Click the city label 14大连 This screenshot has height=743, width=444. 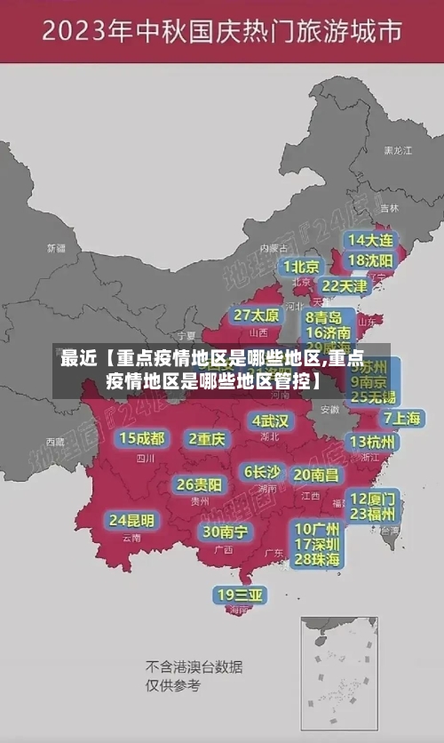point(370,241)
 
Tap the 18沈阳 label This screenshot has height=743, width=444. point(370,260)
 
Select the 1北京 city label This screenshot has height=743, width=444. point(302,267)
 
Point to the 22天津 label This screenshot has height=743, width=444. point(344,286)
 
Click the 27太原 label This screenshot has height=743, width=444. point(257,315)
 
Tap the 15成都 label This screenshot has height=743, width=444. point(142,438)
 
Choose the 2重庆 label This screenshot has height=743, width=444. point(208,438)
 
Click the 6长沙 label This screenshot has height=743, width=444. point(262,472)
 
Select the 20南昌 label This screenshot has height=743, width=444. point(316,475)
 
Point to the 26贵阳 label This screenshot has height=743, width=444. point(199,484)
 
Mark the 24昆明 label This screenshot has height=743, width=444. point(131,520)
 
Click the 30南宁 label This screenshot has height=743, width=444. point(225,531)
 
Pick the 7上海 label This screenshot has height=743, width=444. point(402,418)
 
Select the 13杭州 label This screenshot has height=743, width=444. point(374,442)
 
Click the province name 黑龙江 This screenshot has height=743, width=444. point(397,151)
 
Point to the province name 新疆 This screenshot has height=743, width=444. point(56,248)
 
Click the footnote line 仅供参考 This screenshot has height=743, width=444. point(173,685)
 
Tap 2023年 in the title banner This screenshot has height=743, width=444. point(86,33)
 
